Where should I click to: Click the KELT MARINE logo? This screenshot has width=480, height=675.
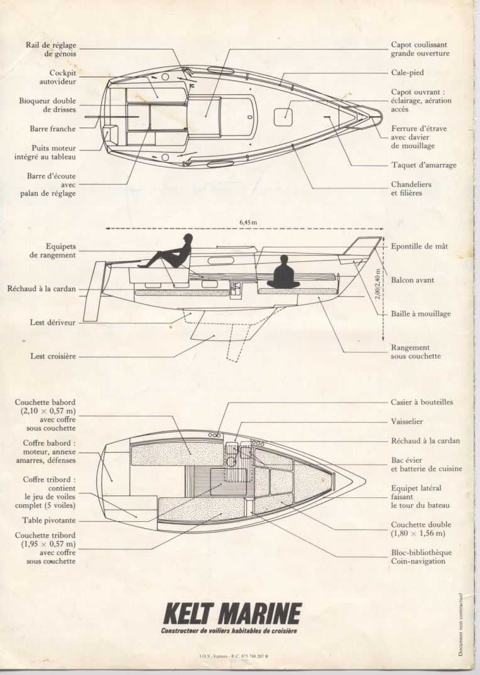coord(232,613)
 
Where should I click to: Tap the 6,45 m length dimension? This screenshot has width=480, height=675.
coord(248,222)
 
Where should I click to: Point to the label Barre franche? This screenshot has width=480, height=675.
coord(53,129)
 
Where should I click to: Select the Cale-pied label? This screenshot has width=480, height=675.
coord(407,73)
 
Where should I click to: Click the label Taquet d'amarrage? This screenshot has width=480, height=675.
coord(423,165)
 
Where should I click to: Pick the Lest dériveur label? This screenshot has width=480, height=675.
coord(53,322)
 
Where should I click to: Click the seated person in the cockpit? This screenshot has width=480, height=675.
coord(170,253)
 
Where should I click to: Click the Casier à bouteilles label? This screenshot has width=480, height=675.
coord(422,402)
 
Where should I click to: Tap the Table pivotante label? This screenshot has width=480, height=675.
coord(49,521)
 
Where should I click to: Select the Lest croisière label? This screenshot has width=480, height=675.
coord(53,356)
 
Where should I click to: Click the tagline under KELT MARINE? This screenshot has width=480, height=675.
coord(229,630)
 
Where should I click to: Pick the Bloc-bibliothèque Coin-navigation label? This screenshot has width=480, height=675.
coord(420,557)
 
